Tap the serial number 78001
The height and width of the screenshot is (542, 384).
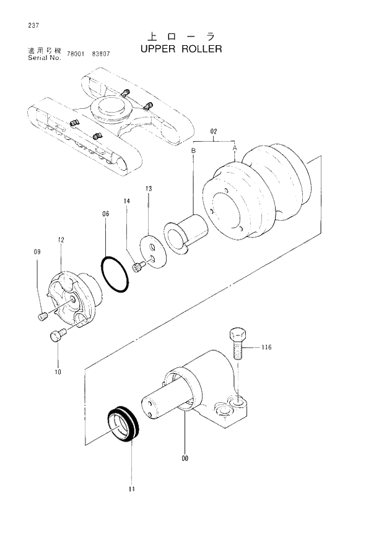click(x=76, y=54)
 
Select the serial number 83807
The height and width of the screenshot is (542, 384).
click(x=100, y=54)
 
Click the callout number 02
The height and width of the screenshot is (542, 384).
click(x=214, y=131)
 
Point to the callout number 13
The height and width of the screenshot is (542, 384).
click(x=149, y=188)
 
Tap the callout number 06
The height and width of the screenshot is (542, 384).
click(x=105, y=214)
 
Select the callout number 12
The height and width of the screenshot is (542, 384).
click(x=61, y=239)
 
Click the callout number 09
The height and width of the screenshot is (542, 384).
click(x=37, y=252)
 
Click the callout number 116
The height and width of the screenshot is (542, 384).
click(x=266, y=348)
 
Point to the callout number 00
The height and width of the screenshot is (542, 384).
click(x=185, y=458)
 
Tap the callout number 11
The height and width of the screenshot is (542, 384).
click(x=131, y=489)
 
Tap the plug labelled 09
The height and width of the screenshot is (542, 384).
click(x=43, y=317)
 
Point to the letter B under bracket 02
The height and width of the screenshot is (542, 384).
click(x=193, y=150)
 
